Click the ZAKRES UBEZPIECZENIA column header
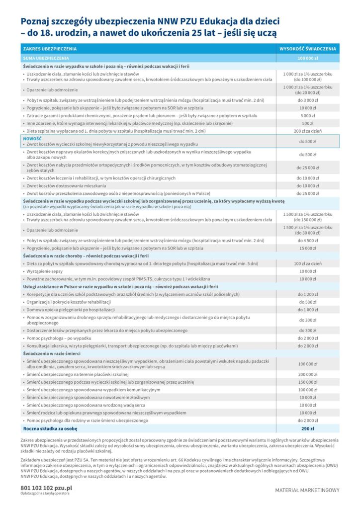48,49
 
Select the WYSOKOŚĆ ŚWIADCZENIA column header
308,49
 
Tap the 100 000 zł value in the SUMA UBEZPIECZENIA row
308,58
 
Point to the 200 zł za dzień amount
308,131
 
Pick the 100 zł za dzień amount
308,263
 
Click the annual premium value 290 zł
308,428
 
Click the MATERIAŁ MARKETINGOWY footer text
307,490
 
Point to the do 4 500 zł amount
308,240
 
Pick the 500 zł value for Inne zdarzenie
308,123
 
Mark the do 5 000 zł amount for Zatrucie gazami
308,115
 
